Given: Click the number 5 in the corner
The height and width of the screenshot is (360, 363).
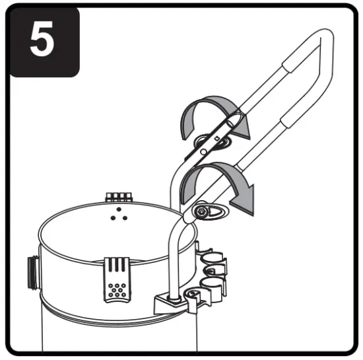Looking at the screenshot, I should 42,41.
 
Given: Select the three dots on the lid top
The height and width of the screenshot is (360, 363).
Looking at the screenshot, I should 119,215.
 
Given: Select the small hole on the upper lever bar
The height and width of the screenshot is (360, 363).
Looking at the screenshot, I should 215,138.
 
